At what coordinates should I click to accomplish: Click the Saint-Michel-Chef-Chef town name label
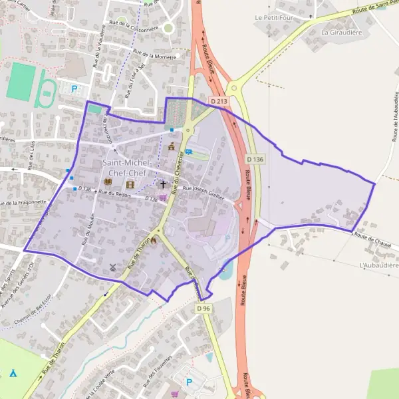click(x=128, y=168)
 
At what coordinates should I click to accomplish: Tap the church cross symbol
click(x=163, y=184)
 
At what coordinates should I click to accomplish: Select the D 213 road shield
click(x=218, y=101)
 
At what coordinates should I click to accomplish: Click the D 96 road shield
click(x=203, y=309)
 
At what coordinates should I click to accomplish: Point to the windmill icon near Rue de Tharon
click(x=112, y=267)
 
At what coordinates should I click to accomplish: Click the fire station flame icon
click(x=154, y=241)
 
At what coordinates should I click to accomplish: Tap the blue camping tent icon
click(x=13, y=373)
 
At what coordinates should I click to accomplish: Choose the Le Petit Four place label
click(x=273, y=17)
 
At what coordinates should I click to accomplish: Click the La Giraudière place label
click(x=340, y=31)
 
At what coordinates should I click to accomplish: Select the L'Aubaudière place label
click(x=378, y=265)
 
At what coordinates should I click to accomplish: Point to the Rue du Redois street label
click(x=114, y=193)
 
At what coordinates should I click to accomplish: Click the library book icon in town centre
click(x=108, y=182)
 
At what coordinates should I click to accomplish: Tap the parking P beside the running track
click(x=74, y=88)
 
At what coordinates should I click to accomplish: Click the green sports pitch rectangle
click(x=22, y=82)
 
